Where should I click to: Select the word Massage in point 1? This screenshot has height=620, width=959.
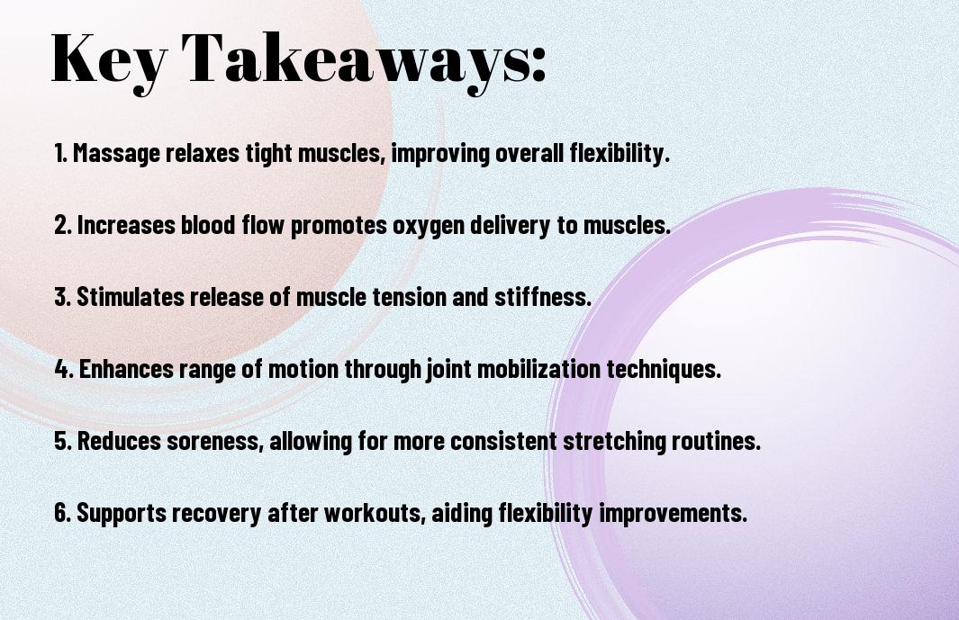click(116, 154)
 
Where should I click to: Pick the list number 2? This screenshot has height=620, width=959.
click(63, 225)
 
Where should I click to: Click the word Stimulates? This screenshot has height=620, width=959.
click(130, 297)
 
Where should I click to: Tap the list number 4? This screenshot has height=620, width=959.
click(64, 369)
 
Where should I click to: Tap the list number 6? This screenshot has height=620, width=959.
click(63, 512)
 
